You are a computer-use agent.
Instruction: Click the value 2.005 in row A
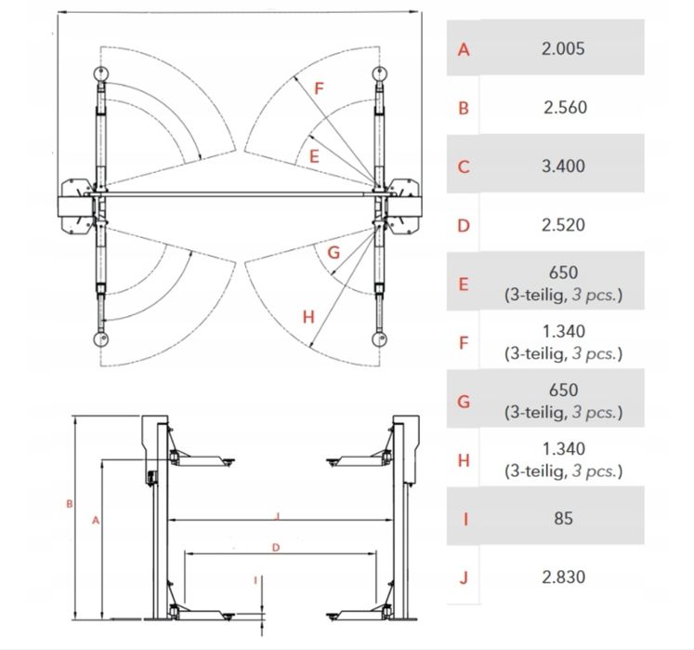(563, 48)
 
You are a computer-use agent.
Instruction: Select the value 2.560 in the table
(565, 107)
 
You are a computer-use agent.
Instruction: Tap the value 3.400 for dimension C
(563, 166)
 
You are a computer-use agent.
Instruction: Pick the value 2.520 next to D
(563, 225)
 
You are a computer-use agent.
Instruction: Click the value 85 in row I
(563, 518)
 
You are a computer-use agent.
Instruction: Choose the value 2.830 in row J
(563, 577)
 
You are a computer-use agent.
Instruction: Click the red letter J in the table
(464, 577)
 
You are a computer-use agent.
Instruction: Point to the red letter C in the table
(464, 167)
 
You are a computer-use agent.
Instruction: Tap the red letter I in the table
(465, 519)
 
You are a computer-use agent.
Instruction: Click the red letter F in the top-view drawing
(319, 88)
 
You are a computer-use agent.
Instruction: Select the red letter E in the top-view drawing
(314, 156)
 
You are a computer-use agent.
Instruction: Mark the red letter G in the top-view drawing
(334, 253)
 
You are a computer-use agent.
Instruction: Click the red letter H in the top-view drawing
(308, 317)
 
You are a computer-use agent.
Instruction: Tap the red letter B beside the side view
(69, 504)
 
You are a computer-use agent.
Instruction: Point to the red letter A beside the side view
(96, 521)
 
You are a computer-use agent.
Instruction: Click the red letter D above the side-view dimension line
(276, 548)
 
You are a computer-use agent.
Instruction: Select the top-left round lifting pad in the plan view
(101, 73)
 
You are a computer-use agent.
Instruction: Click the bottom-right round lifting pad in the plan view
(379, 339)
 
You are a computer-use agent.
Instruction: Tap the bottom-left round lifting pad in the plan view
(101, 339)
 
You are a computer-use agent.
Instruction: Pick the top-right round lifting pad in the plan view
(379, 73)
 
